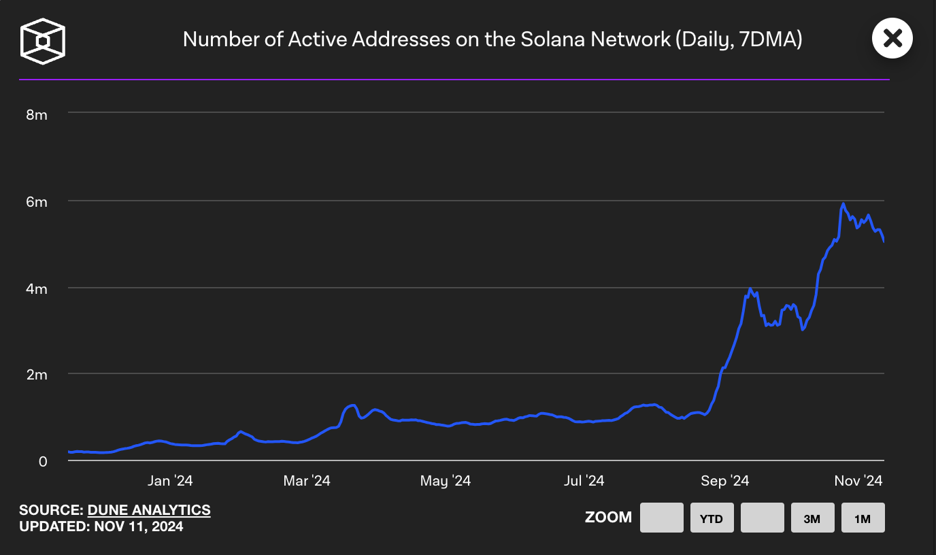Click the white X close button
(x=892, y=38)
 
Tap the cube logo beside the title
(x=43, y=41)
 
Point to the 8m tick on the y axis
(x=37, y=114)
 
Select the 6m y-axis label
(x=37, y=202)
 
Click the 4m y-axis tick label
(x=37, y=289)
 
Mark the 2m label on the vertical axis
(x=37, y=375)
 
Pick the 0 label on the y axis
(x=43, y=461)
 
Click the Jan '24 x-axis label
(x=170, y=481)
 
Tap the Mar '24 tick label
(x=307, y=481)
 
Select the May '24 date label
(x=446, y=481)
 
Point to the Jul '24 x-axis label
(x=584, y=481)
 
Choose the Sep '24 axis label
(x=724, y=481)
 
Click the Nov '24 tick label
(x=858, y=481)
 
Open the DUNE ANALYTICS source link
(x=149, y=509)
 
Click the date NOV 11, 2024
(x=139, y=526)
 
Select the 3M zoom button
(x=812, y=518)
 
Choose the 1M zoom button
(x=863, y=518)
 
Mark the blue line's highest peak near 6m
(x=843, y=203)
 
